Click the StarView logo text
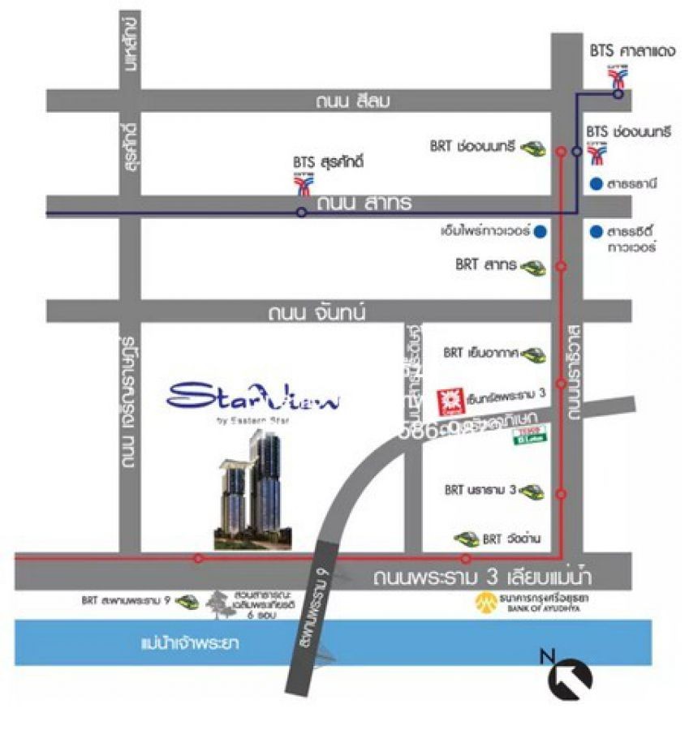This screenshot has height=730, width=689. (254, 397)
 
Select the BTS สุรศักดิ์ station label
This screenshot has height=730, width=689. (328, 163)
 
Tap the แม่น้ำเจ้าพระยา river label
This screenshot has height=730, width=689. (192, 644)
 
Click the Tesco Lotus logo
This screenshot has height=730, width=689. (527, 439)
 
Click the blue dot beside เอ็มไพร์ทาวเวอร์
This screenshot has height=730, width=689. (540, 231)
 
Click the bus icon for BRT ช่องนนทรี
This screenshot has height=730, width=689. (533, 147)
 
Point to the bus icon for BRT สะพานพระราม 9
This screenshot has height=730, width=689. (186, 602)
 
